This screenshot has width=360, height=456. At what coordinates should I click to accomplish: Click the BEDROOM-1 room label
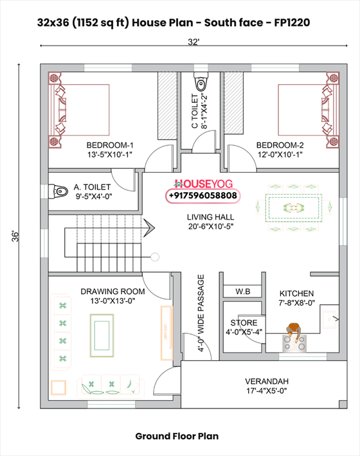point(109,145)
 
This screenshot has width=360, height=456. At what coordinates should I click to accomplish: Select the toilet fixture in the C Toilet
point(201,82)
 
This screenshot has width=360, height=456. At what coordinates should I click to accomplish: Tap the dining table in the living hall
point(295,207)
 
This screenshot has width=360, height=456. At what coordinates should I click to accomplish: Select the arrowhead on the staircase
point(148,227)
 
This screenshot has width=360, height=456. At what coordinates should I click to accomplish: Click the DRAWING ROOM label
point(112,292)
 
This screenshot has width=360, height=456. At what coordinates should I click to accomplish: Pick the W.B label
point(242,292)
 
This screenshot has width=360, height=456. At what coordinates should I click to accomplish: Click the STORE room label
point(244,322)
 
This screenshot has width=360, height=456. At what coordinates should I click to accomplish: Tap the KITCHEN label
point(296,293)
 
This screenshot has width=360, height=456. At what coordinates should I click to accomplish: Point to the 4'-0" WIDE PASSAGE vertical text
point(201,313)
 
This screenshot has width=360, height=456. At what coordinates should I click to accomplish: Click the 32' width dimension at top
point(194,42)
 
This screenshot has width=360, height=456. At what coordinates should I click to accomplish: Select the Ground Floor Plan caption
point(177,436)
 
